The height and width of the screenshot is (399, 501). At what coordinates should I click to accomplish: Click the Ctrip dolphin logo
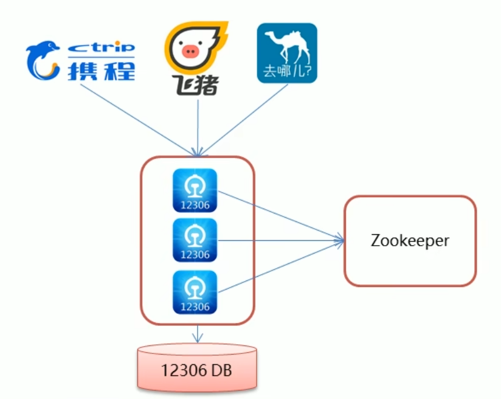43,61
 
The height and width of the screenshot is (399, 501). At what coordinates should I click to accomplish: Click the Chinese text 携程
101,70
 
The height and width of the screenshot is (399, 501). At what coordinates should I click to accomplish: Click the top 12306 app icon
195,190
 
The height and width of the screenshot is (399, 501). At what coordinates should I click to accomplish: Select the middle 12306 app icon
195,240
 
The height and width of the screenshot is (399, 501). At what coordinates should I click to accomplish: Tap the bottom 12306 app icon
195,292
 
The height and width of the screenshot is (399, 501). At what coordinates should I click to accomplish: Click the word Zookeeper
410,240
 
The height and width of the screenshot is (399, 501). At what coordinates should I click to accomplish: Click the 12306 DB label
197,370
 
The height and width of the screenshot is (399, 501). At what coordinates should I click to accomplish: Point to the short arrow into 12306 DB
197,333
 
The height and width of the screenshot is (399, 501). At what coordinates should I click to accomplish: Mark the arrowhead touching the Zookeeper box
340,241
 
